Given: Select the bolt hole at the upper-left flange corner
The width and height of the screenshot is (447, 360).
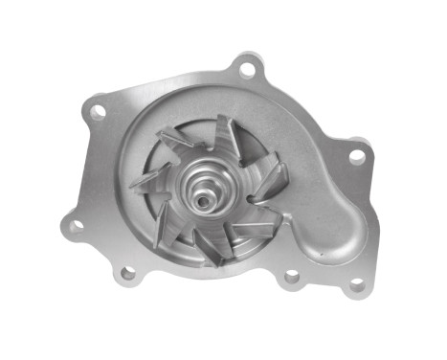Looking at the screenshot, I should [x=97, y=112].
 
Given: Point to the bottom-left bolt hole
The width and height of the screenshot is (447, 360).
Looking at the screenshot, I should [x=126, y=274].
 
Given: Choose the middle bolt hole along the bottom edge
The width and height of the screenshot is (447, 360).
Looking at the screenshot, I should [x=292, y=277].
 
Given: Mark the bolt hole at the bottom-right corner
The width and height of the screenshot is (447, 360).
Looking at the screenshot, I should [x=356, y=285].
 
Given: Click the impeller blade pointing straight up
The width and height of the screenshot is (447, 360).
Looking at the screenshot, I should [x=227, y=134].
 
